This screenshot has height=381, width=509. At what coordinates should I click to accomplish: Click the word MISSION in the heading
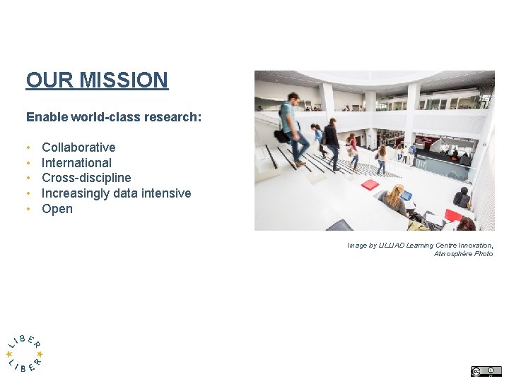coord(124,80)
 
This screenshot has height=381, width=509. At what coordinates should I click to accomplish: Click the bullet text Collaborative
coord(78,147)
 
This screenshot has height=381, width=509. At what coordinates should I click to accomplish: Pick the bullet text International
coord(76,163)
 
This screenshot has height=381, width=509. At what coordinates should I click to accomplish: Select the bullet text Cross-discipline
coord(86,178)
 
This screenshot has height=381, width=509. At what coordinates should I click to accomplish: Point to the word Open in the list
coord(57,209)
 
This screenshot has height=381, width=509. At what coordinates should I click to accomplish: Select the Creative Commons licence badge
coord(486,371)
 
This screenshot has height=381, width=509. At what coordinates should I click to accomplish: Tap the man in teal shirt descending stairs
coord(291,127)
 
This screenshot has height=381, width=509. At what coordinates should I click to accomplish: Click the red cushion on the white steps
coord(370,185)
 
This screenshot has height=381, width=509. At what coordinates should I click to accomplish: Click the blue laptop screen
coord(406,196)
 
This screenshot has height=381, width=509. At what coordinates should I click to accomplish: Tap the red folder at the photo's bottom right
coord(452,214)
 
